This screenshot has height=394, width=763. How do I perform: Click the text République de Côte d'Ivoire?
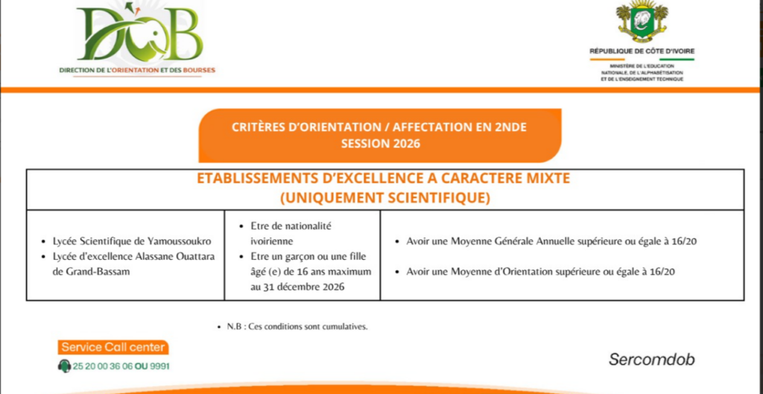click(642, 51)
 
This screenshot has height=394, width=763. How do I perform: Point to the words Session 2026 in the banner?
click(380, 144)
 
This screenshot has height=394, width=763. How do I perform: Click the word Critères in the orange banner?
click(256, 127)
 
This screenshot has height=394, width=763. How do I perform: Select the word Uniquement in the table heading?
click(335, 198)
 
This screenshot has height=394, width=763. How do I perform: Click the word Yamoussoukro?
click(184, 241)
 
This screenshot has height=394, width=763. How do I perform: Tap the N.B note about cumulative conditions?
click(297, 327)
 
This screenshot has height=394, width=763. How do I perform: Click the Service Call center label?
click(113, 347)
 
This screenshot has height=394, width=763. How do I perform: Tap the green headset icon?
click(64, 366)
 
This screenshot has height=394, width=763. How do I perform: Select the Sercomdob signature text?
click(651, 360)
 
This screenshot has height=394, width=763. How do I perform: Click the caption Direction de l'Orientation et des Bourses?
click(137, 70)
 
